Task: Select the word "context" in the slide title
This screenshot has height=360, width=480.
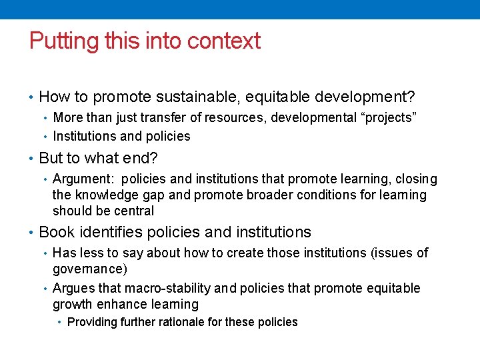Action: pos(223,41)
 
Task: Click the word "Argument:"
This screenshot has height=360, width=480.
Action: pos(83,179)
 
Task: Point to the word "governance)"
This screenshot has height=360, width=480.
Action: pos(89,269)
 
